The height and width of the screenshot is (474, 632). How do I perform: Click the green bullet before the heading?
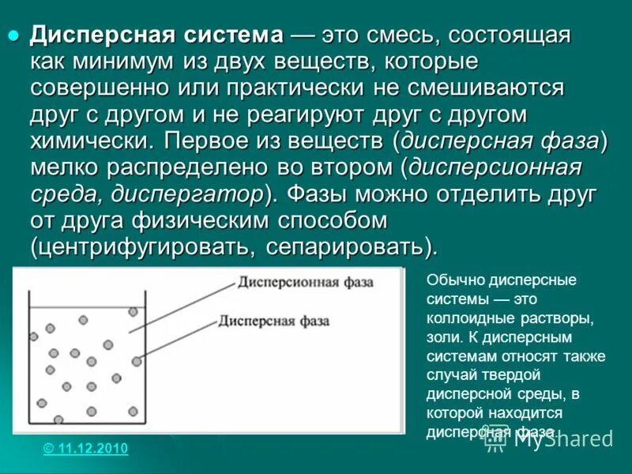tap(13, 35)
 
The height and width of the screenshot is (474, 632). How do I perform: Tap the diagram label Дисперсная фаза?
tap(268, 321)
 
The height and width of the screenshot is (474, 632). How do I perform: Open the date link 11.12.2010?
tap(85, 449)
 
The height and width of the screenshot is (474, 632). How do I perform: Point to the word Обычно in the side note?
tap(450, 280)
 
